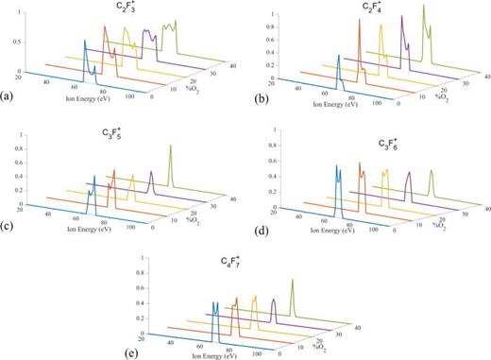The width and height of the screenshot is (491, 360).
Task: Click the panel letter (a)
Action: (x=8, y=95)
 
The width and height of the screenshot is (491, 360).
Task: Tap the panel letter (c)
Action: (x=8, y=224)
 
